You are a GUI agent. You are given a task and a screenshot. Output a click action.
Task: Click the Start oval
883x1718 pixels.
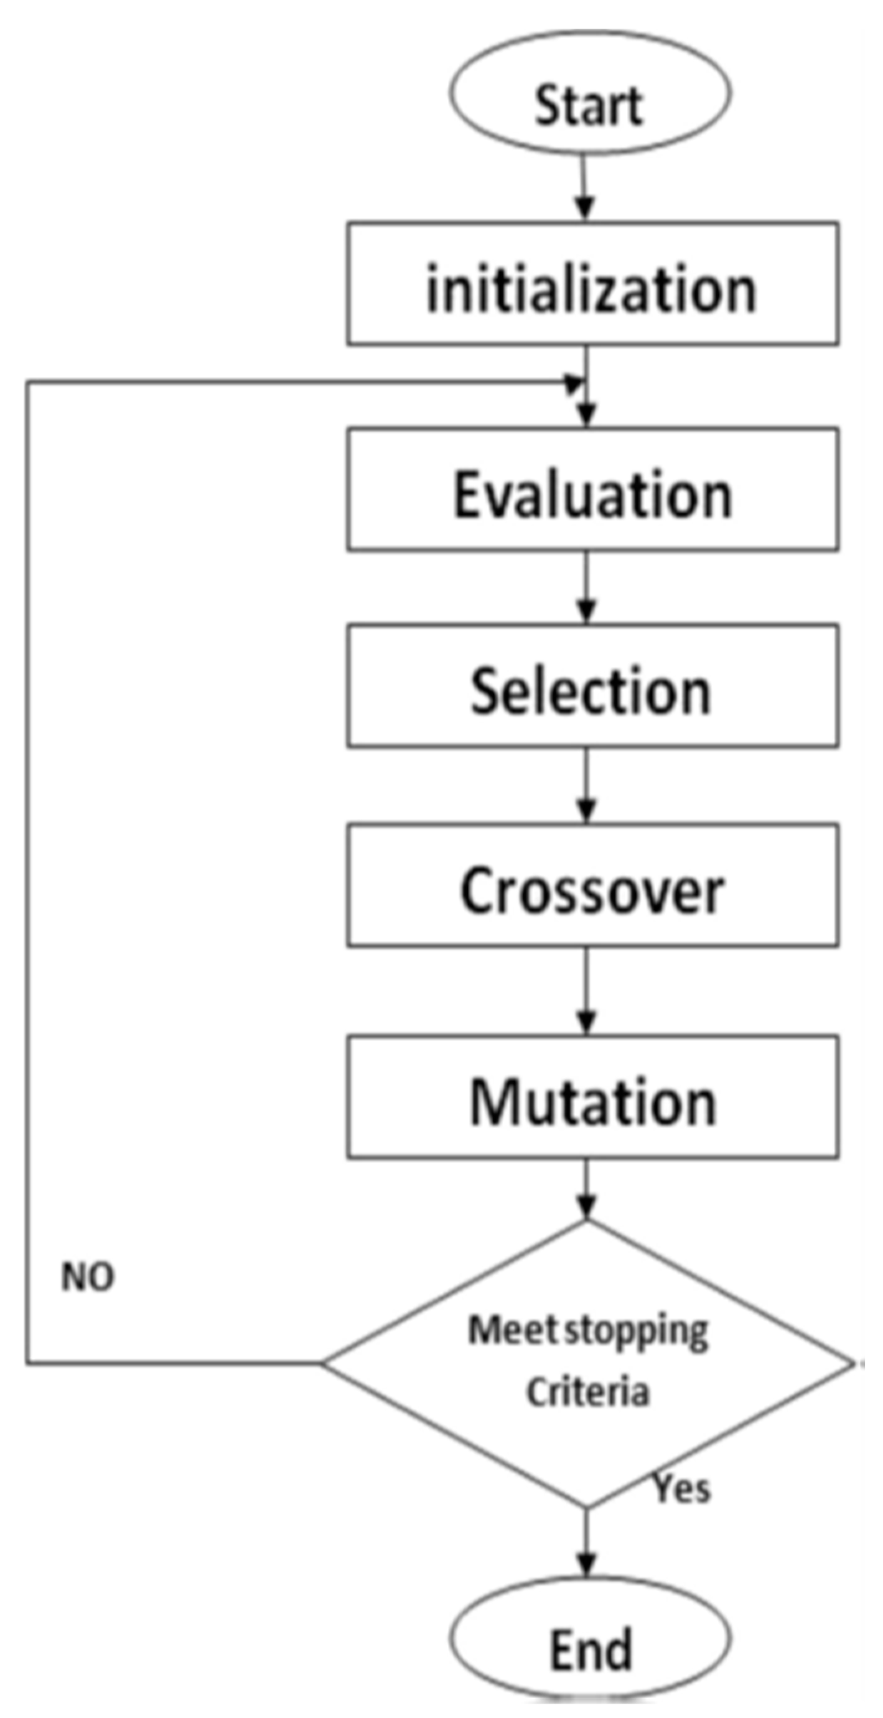click(589, 93)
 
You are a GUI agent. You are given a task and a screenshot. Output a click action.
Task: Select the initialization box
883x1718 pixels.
click(592, 285)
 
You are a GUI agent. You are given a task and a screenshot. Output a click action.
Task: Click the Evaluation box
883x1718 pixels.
click(592, 490)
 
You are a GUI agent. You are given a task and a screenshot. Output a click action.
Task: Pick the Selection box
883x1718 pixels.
click(592, 687)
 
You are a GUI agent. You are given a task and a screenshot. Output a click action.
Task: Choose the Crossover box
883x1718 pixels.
click(592, 887)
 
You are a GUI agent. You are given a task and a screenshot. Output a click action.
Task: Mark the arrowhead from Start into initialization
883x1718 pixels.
click(585, 208)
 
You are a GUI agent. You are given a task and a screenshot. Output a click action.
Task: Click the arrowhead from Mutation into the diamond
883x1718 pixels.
click(586, 1207)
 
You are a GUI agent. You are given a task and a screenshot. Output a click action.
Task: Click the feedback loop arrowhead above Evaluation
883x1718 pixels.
click(574, 384)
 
